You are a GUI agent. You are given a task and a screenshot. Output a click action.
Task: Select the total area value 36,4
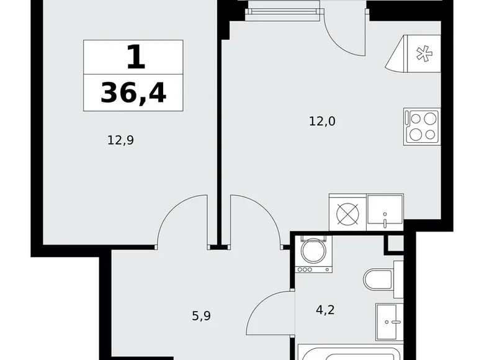pyautogui.click(x=133, y=92)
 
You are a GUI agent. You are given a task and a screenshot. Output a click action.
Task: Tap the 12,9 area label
pyautogui.click(x=120, y=140)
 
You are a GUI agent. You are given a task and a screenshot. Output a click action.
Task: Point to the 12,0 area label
pyautogui.click(x=322, y=122)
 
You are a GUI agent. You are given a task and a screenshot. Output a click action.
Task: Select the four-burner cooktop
pyautogui.click(x=422, y=127)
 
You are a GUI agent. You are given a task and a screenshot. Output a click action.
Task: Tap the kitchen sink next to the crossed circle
pyautogui.click(x=385, y=210)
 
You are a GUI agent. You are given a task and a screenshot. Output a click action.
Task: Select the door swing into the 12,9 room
pyautogui.click(x=182, y=220)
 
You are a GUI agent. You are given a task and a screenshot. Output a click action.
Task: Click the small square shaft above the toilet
pyautogui.click(x=395, y=243)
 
